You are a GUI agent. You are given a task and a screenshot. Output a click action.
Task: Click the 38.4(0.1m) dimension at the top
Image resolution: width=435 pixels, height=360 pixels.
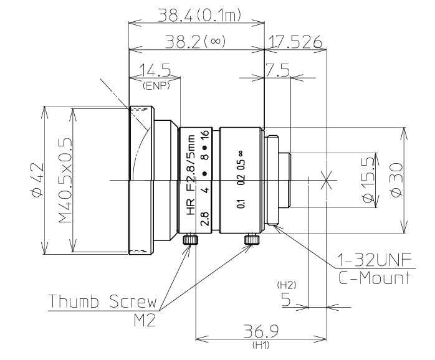click(x=199, y=15)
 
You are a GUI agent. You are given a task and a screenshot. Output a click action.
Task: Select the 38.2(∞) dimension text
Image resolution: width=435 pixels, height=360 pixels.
click(x=195, y=42)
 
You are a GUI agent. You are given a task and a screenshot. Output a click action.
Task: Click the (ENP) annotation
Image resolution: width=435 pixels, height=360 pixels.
click(x=156, y=86)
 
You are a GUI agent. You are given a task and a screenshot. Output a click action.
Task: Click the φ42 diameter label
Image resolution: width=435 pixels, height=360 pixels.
click(x=38, y=180)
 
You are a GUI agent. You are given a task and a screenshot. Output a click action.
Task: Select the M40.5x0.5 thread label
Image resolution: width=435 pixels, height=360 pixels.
click(x=65, y=181)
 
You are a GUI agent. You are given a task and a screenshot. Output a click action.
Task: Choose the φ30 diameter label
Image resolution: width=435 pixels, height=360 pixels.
click(x=396, y=180)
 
